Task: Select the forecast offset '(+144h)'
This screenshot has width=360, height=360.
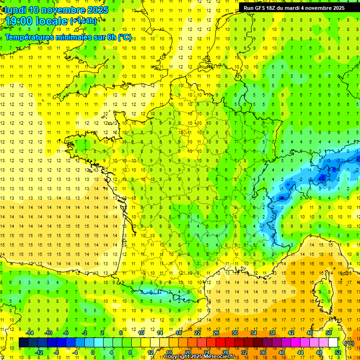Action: (83, 21)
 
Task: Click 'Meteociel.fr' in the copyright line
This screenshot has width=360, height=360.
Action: (219, 357)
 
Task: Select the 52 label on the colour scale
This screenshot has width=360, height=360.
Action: (338, 352)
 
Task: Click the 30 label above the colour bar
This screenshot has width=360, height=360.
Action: (235, 333)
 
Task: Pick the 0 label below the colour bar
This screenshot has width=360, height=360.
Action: (92, 352)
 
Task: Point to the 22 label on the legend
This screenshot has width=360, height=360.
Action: (197, 333)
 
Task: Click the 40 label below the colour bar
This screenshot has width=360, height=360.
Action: (282, 352)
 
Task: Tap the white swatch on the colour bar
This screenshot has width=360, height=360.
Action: (333, 343)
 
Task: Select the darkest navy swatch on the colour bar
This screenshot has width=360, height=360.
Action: (23, 343)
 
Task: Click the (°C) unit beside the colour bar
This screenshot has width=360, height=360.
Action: (349, 343)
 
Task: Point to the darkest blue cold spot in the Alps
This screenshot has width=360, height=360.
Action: (322, 178)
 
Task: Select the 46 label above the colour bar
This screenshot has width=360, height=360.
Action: (310, 333)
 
